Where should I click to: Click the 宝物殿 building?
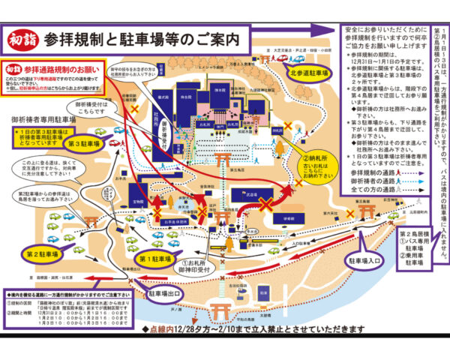coord(138,202)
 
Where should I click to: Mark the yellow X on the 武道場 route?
coord(265,205)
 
